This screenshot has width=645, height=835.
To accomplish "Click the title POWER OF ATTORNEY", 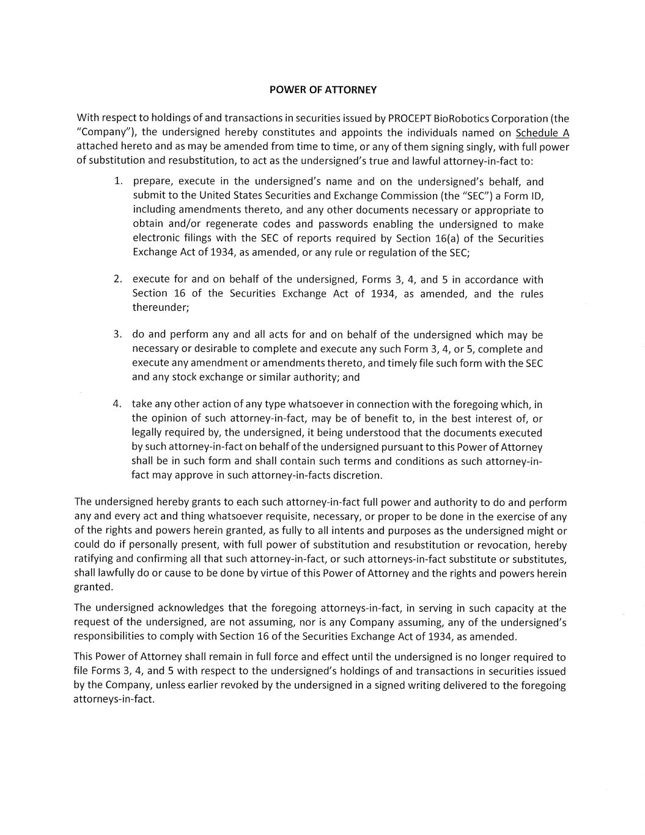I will (323, 90).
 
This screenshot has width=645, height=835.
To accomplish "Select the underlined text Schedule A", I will (542, 133).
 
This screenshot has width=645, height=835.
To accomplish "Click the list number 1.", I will (119, 181).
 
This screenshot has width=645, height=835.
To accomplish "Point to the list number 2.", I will (118, 279).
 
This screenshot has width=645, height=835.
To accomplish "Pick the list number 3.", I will (118, 335).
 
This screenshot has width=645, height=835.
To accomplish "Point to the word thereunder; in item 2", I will (161, 307).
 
